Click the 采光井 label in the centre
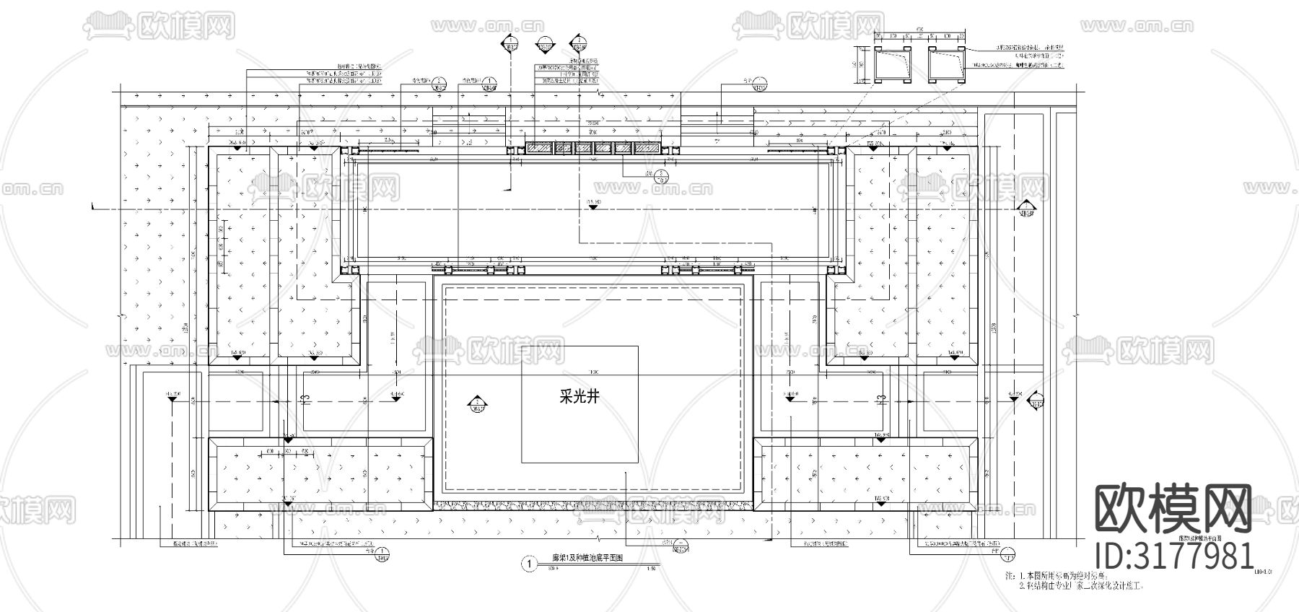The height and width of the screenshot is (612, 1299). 579,397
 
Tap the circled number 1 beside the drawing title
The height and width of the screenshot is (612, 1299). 530,563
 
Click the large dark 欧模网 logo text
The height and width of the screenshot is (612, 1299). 1174,510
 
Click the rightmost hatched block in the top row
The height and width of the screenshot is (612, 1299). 646,148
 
